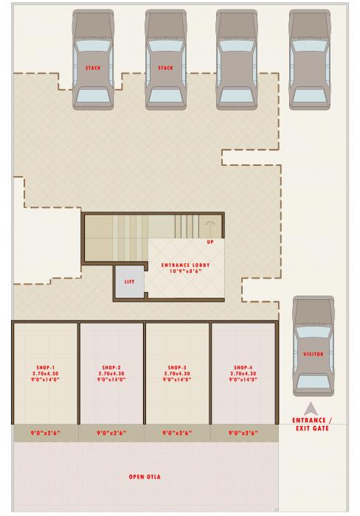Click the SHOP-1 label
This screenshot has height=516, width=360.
pyautogui.click(x=46, y=367)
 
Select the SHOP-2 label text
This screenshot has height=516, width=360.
pyautogui.click(x=111, y=367)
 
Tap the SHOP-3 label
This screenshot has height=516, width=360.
pyautogui.click(x=177, y=367)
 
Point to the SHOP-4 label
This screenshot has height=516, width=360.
pyautogui.click(x=243, y=367)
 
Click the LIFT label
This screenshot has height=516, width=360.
pyautogui.click(x=128, y=282)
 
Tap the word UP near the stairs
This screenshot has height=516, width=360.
pyautogui.click(x=211, y=241)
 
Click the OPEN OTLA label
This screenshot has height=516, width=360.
pyautogui.click(x=145, y=477)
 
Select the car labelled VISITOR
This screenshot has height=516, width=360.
pyautogui.click(x=314, y=346)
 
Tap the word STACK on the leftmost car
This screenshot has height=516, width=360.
pyautogui.click(x=93, y=68)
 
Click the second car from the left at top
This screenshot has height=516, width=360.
pyautogui.click(x=165, y=59)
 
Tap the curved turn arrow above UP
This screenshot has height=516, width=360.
pyautogui.click(x=211, y=223)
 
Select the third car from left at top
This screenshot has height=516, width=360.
pyautogui.click(x=237, y=59)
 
